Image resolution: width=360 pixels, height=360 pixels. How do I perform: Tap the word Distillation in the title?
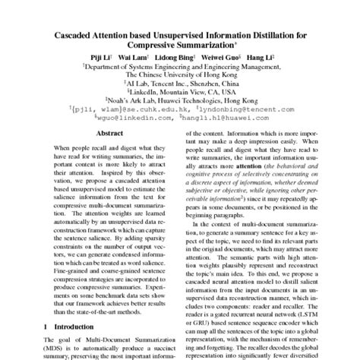277,36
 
